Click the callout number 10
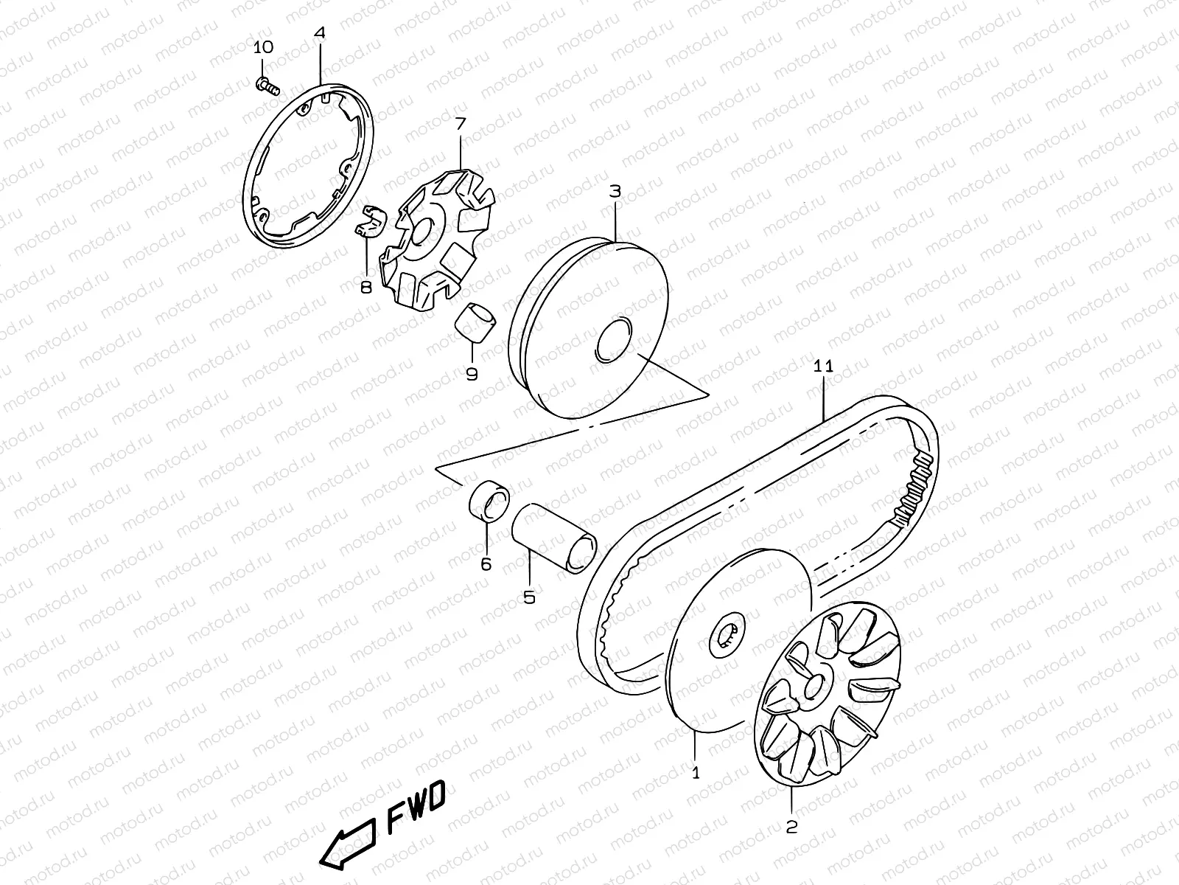(x=263, y=47)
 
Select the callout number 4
(x=319, y=33)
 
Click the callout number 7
(x=460, y=123)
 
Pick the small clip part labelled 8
(x=369, y=222)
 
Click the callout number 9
(x=472, y=374)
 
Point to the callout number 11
(x=823, y=366)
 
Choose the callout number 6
(x=486, y=564)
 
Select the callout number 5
(x=529, y=597)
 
